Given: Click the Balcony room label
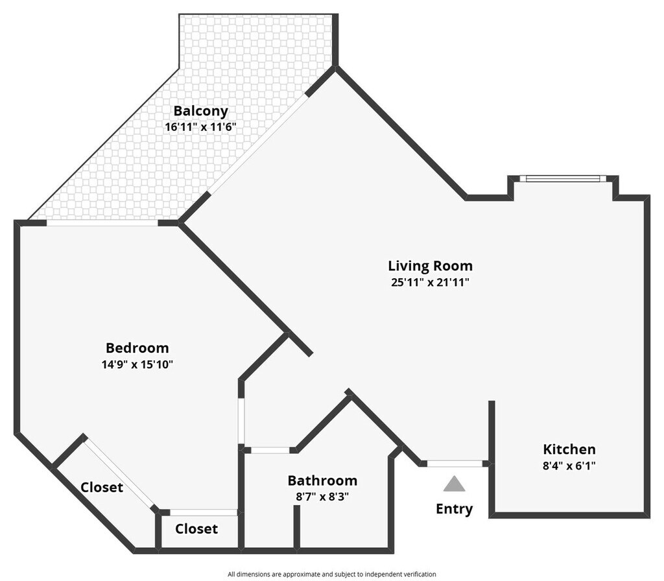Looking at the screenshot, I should (200, 111).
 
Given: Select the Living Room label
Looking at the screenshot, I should (430, 265).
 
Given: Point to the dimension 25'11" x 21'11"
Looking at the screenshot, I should (430, 282).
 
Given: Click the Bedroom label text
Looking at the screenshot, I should (137, 348).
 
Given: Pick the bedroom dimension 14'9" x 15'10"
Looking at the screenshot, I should (137, 364).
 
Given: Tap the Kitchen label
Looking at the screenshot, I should (569, 449).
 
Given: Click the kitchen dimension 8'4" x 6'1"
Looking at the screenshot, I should (569, 465).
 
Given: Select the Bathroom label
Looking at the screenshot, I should (322, 480).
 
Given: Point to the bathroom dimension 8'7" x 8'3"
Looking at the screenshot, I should (322, 497).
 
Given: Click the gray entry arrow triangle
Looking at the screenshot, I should (455, 484).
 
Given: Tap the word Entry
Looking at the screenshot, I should (454, 509).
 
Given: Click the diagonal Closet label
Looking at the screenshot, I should (102, 487).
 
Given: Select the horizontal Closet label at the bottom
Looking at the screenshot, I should (196, 528).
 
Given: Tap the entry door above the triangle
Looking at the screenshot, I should (455, 463).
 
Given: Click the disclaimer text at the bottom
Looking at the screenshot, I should (331, 574).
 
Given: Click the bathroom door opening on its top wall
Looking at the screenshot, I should (270, 449).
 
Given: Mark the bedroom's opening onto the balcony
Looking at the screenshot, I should (102, 223).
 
